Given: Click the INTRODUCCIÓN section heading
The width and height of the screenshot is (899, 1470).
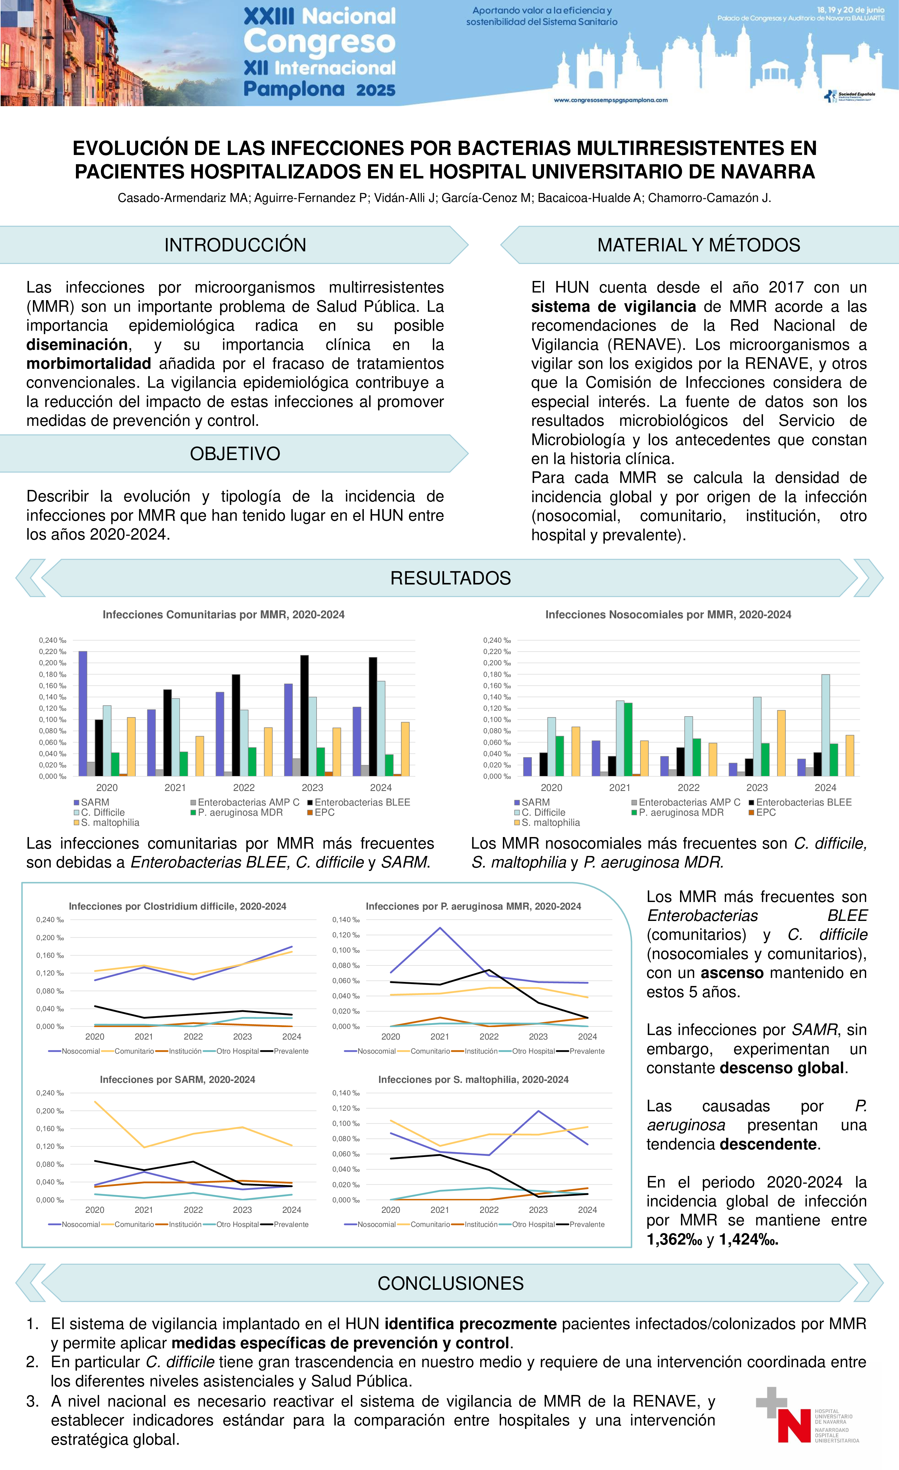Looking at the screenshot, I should pyautogui.click(x=235, y=245).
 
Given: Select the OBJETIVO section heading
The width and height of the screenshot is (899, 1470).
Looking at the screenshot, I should pyautogui.click(x=235, y=454).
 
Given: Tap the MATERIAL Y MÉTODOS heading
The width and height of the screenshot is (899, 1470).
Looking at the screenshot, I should pyautogui.click(x=699, y=245).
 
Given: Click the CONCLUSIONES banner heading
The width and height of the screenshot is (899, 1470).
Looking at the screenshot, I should pyautogui.click(x=450, y=1283).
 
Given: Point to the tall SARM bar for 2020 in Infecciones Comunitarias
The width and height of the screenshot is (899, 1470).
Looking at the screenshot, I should pyautogui.click(x=83, y=713).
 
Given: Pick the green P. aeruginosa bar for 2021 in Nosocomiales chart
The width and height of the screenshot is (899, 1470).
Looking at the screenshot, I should pyautogui.click(x=628, y=740).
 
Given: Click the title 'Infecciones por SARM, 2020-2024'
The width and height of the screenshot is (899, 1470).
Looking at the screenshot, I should pyautogui.click(x=177, y=1080).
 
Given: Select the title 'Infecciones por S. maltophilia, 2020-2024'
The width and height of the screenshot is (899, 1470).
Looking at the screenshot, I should pyautogui.click(x=473, y=1080).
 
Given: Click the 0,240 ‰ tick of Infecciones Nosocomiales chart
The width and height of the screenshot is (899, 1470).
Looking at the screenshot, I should pyautogui.click(x=496, y=641).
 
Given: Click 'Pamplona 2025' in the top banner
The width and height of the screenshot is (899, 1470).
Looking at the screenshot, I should pyautogui.click(x=319, y=89).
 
